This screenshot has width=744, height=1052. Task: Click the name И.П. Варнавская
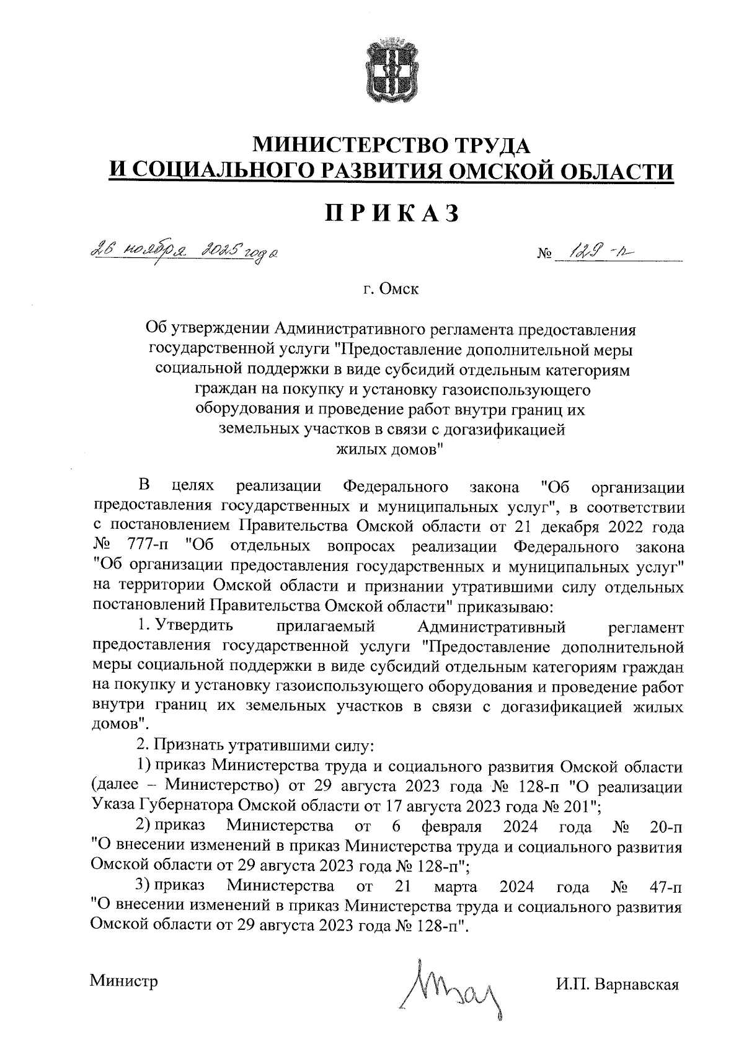point(618,984)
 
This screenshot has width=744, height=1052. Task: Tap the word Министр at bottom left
point(124,981)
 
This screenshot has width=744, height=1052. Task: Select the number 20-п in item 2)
point(665,826)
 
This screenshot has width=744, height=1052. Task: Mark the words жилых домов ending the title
point(390,449)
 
